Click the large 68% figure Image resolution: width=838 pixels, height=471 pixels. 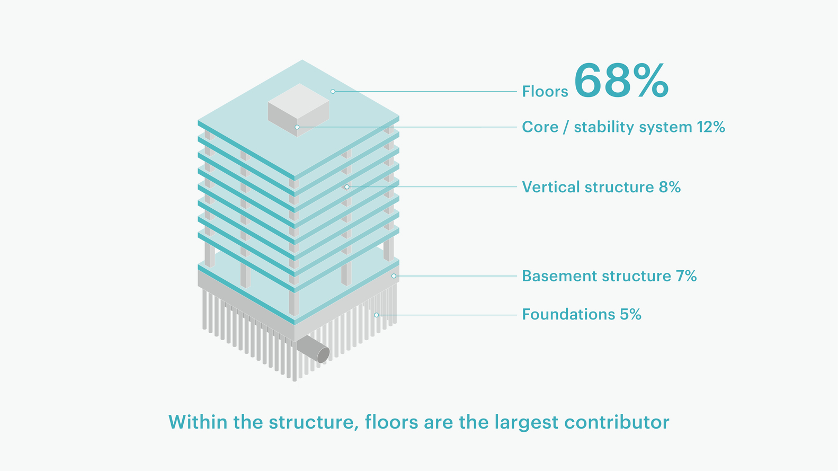[621, 81]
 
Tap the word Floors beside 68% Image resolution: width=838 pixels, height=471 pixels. [545, 92]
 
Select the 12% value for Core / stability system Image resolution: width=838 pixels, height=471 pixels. [711, 127]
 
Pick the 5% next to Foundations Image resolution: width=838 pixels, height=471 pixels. [631, 315]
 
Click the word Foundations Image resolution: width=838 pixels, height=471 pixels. [569, 315]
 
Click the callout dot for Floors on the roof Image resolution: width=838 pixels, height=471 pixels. [333, 91]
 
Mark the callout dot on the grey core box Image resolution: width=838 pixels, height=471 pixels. [297, 127]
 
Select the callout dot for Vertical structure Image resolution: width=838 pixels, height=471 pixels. [347, 186]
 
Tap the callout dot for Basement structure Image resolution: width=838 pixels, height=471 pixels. [394, 276]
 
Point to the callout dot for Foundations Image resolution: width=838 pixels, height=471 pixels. [376, 315]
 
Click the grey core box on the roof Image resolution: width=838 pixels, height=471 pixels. [299, 110]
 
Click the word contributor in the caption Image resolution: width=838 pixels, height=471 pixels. [617, 422]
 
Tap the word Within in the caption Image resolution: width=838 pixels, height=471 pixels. [198, 422]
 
